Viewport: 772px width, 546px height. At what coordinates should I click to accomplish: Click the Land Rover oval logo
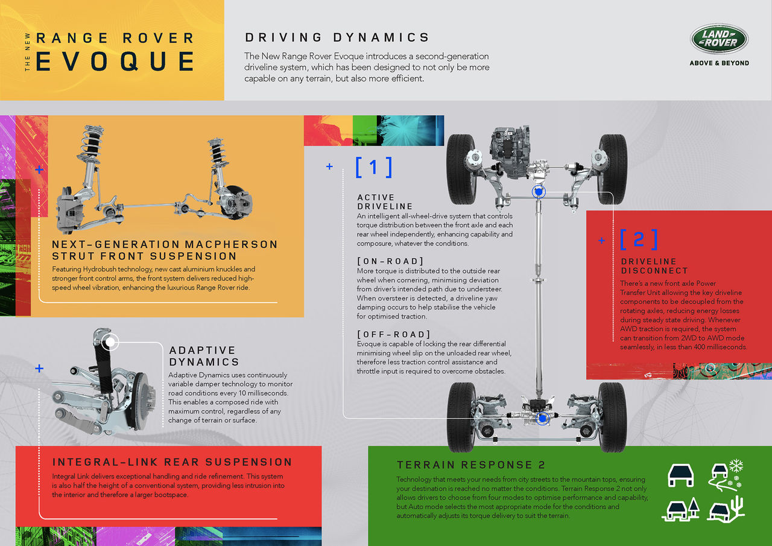point(719,39)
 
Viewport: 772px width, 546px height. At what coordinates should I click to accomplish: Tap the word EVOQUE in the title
point(115,62)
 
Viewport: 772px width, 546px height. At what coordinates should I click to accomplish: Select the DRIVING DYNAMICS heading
point(337,37)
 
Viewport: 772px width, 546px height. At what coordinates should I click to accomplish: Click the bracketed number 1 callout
point(373,168)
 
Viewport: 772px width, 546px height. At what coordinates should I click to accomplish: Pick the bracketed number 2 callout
point(639,240)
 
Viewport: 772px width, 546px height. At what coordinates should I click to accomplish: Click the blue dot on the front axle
point(539,192)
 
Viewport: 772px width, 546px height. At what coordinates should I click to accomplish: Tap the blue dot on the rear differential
point(542,419)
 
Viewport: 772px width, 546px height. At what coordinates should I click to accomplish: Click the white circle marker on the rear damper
point(110,342)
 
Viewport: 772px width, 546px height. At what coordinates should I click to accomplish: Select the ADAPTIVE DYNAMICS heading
point(204,356)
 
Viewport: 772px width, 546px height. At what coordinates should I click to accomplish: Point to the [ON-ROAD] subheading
point(390,261)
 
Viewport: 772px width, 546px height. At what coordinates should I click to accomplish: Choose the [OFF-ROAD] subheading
point(394,334)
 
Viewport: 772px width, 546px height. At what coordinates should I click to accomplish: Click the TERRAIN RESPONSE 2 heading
point(471,465)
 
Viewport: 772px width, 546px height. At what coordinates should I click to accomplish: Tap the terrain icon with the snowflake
point(726,475)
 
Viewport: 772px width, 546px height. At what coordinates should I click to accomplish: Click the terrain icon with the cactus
point(726,509)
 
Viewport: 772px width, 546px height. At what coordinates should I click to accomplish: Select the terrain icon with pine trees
point(681,509)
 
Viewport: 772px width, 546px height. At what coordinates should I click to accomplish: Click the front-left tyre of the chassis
point(461,170)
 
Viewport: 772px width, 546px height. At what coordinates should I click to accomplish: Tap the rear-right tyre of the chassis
point(613,417)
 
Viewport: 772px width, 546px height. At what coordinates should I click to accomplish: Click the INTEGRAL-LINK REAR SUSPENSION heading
point(172,462)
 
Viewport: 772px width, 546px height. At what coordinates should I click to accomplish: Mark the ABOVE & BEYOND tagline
point(720,63)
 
